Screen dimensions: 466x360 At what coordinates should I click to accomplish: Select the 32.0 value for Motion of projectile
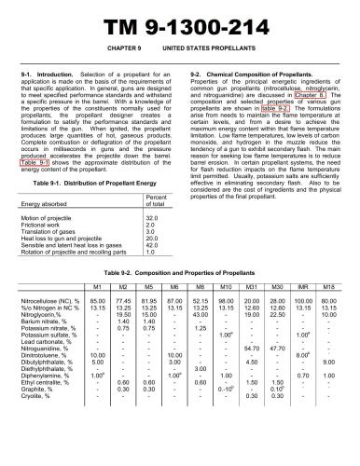[x=153, y=217]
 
